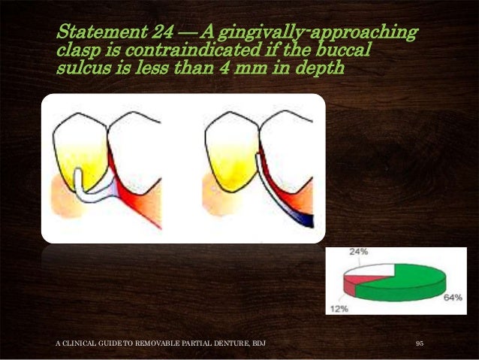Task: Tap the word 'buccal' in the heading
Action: click(345, 52)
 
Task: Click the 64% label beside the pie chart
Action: click(452, 298)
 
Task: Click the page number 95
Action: click(420, 343)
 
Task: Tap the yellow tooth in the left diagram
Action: click(80, 150)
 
